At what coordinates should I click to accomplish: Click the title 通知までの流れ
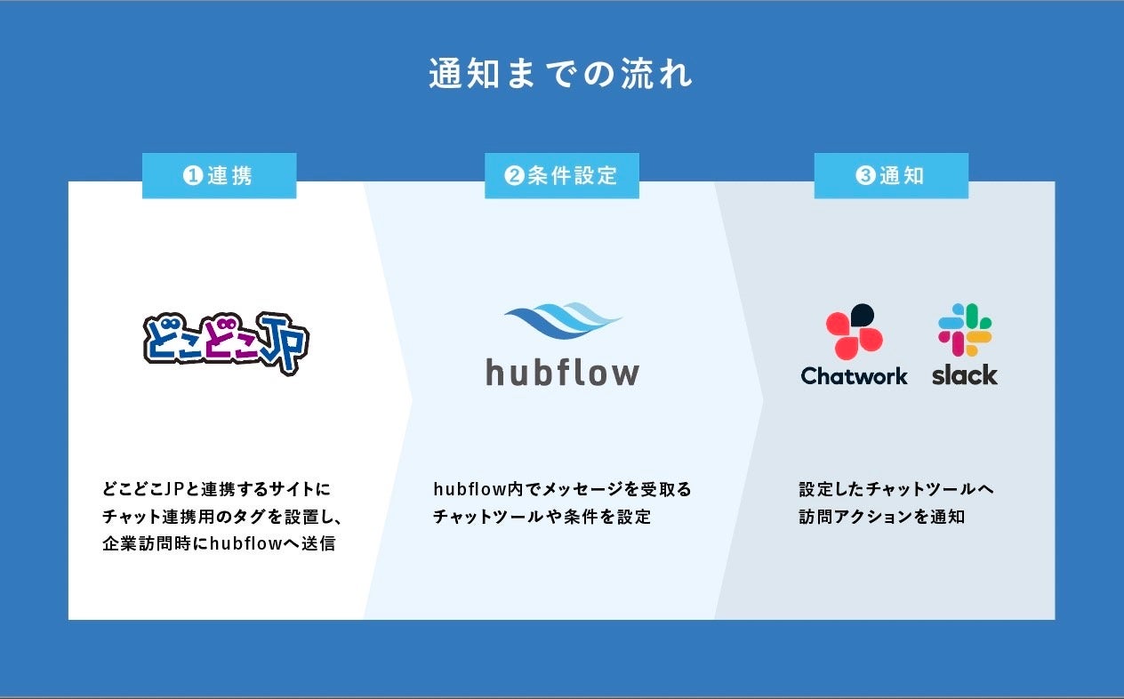(561, 75)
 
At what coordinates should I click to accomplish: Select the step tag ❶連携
(219, 175)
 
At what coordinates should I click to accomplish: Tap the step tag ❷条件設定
(561, 175)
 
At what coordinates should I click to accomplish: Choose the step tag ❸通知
(891, 175)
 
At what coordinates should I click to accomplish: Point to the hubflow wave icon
(563, 323)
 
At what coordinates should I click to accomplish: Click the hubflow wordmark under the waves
(562, 372)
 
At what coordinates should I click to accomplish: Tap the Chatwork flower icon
(854, 330)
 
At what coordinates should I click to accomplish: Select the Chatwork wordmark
(854, 376)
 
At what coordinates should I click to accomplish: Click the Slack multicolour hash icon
(965, 329)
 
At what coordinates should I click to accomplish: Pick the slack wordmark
(965, 375)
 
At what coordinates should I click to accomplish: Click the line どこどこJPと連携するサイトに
(216, 489)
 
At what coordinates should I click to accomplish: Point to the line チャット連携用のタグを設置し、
(222, 516)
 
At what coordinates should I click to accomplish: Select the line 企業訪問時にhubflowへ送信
(219, 543)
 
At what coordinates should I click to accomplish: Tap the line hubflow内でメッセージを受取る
(562, 489)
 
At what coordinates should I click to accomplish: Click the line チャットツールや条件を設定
(542, 516)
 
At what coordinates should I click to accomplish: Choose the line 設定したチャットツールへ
(895, 489)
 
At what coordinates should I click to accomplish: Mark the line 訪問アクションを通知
(881, 516)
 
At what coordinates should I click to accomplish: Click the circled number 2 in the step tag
(513, 176)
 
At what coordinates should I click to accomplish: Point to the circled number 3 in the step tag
(865, 176)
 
